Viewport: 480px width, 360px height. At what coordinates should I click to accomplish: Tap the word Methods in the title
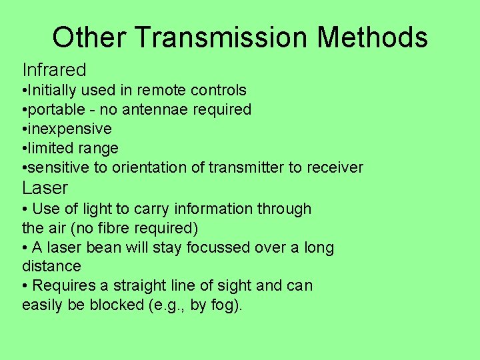tap(373, 37)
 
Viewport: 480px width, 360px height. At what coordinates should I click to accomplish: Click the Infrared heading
tap(55, 69)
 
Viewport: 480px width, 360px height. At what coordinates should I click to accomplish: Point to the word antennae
tap(159, 109)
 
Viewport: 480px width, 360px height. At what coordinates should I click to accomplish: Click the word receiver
tap(335, 167)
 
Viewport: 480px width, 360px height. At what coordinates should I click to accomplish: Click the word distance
tap(51, 267)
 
